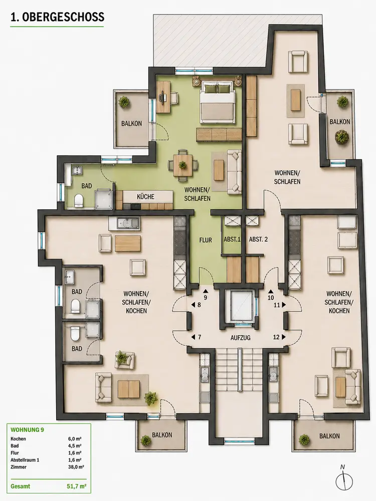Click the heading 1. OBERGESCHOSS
57,17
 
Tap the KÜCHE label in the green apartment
145,196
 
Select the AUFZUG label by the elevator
241,337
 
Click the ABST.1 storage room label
232,239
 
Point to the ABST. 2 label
258,239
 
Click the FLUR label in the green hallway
205,239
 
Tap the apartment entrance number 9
205,298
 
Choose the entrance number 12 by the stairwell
276,337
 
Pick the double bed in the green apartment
218,101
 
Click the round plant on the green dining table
182,165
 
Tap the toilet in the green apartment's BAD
78,200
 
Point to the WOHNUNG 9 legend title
27,430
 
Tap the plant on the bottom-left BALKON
145,441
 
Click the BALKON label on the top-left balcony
131,123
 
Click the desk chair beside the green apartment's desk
173,98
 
